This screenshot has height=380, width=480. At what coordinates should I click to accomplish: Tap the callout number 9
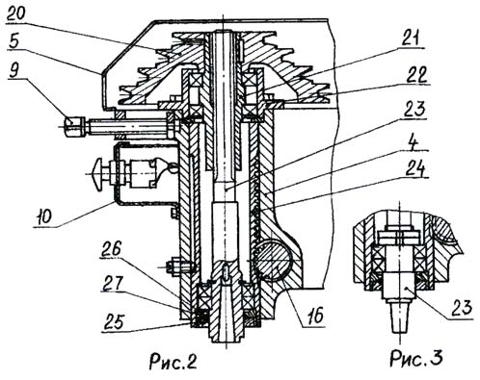(14, 71)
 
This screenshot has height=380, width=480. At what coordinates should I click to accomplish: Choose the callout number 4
(414, 144)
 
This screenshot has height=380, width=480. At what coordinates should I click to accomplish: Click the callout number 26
(110, 249)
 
